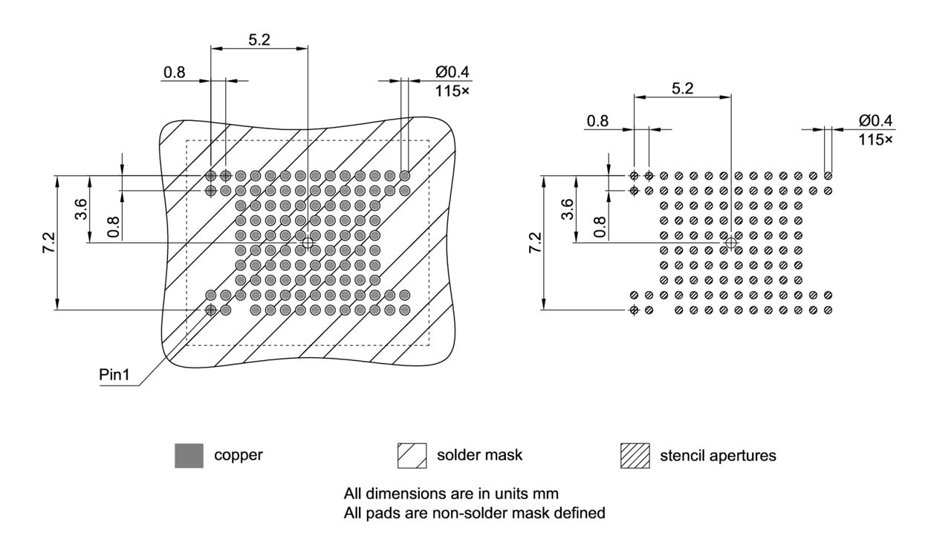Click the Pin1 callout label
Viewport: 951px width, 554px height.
(x=115, y=375)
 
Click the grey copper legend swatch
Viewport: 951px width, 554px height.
(x=189, y=455)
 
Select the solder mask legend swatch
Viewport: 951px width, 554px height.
(x=412, y=455)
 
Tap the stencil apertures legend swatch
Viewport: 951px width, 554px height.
(x=634, y=455)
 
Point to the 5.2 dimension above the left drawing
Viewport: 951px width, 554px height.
(x=259, y=40)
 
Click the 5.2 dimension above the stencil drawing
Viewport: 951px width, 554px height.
(x=682, y=88)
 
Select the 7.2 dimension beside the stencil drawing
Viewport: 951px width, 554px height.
(x=533, y=243)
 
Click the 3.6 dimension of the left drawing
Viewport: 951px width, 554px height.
(x=80, y=209)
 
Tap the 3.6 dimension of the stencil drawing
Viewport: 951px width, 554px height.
(x=567, y=209)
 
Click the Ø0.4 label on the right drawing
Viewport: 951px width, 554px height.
(x=875, y=120)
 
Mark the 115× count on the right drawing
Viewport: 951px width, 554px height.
(x=876, y=139)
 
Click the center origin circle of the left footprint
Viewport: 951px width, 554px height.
(x=308, y=243)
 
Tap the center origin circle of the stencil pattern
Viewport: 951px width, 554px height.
(x=731, y=243)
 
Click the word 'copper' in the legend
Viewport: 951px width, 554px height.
(x=238, y=455)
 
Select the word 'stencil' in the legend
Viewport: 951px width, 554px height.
(x=680, y=455)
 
